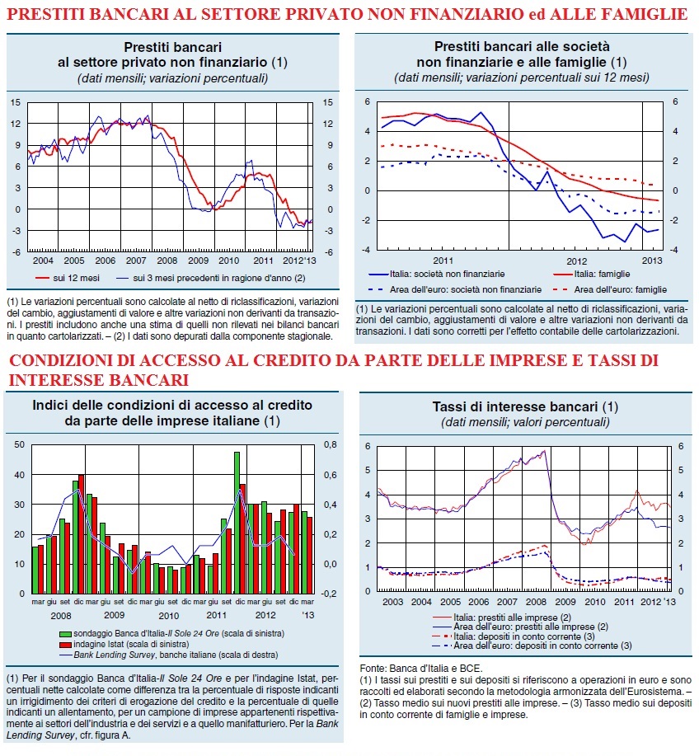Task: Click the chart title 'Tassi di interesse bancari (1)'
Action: point(525,406)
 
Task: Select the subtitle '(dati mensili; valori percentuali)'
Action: point(524,422)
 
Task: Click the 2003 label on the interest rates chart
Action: point(392,603)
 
